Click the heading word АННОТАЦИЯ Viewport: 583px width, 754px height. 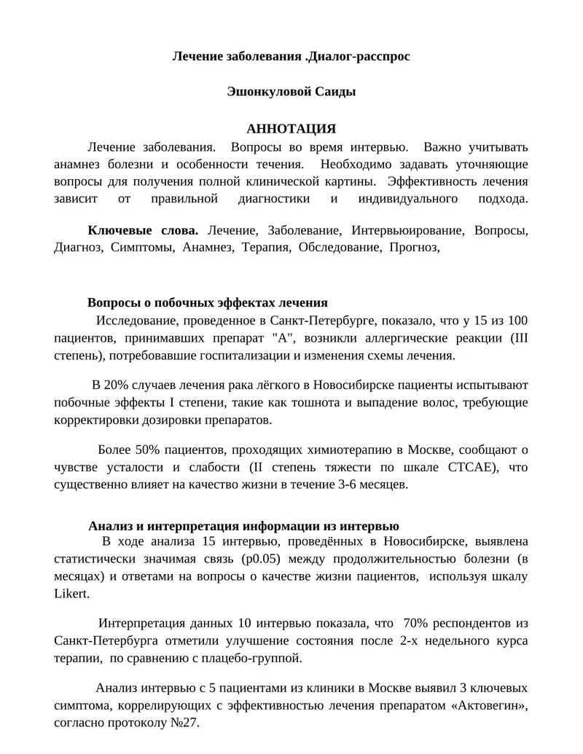click(x=291, y=129)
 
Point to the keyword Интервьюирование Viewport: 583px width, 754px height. click(x=407, y=230)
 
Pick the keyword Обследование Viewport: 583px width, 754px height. click(x=339, y=248)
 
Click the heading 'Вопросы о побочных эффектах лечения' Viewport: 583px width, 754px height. click(x=208, y=302)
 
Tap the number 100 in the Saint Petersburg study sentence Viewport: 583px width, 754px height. click(x=517, y=321)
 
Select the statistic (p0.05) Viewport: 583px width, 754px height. click(x=262, y=559)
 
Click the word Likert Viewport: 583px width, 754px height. click(x=71, y=594)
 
